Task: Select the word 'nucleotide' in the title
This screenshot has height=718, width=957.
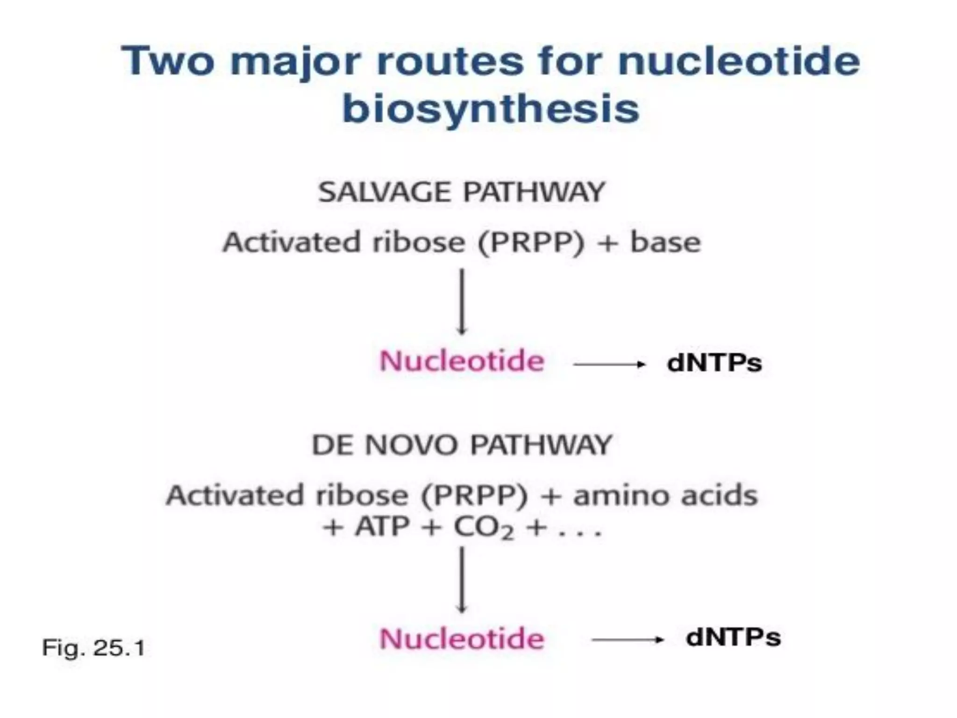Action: (739, 61)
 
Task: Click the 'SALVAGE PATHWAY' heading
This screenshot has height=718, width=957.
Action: (462, 192)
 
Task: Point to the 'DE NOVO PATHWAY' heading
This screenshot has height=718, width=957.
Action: (462, 445)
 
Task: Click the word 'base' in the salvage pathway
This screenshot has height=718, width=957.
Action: (665, 242)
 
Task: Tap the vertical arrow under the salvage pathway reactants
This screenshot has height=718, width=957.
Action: (462, 302)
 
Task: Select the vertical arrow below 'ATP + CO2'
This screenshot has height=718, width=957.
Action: (462, 580)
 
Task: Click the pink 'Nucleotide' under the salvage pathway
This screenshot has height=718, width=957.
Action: (462, 361)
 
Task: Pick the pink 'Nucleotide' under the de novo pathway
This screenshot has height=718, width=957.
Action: (462, 639)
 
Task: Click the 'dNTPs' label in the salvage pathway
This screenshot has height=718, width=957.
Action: (714, 363)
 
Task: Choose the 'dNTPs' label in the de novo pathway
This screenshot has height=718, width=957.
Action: (733, 638)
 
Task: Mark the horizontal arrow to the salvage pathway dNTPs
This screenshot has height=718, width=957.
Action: (609, 364)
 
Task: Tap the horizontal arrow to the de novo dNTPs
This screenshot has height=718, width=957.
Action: (628, 639)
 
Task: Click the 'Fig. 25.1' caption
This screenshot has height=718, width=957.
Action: (93, 648)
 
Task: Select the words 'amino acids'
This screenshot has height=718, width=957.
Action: (665, 495)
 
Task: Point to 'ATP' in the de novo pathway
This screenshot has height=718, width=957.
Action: (382, 528)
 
